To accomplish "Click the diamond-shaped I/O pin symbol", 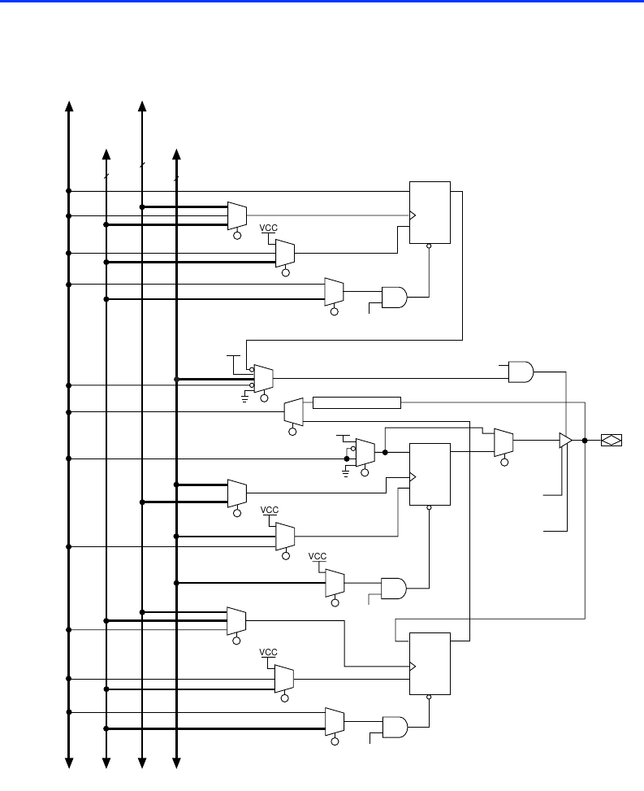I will coord(612,440).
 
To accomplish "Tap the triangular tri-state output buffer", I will coord(565,440).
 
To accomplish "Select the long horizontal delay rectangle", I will coord(357,402).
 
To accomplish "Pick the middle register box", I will coord(430,474).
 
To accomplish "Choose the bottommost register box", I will coord(430,663).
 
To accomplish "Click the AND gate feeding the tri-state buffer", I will coord(521,372).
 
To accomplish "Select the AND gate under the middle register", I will coord(394,587).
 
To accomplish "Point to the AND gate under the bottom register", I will coord(394,726).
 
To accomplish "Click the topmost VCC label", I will coord(269,228).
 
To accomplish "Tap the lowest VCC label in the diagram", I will coord(269,653).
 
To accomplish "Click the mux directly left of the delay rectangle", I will coord(294,411).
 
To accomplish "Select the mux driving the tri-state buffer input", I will coord(504,441).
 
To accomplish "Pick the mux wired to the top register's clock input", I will coord(237,215).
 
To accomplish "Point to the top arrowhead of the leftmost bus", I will coord(69,106).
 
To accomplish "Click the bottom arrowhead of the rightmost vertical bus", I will coord(177,762).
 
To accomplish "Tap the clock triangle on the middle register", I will coord(413,477).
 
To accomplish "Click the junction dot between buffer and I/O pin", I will coord(585,440).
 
